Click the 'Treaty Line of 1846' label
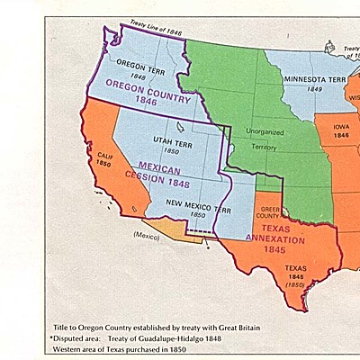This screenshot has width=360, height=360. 155,31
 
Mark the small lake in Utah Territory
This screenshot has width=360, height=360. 182,127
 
